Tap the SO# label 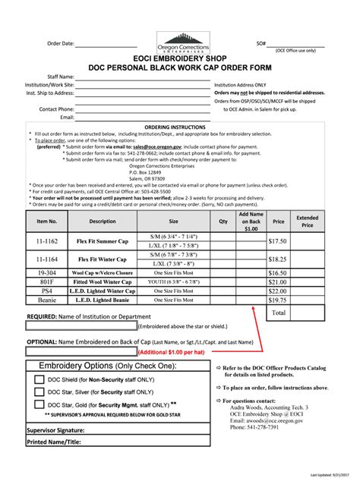point(261,43)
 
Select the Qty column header point(223,222)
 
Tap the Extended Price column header point(308,222)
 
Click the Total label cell point(279,312)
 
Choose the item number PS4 point(47,290)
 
